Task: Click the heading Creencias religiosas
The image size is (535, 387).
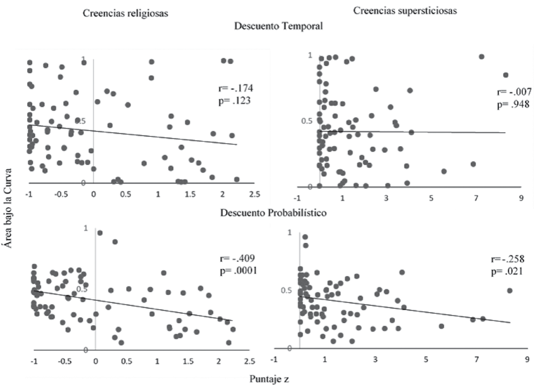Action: click(x=126, y=14)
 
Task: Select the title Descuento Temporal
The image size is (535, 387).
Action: click(x=278, y=27)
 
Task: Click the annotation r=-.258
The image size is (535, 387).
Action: click(x=507, y=259)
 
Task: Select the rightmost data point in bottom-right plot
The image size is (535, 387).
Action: click(x=509, y=291)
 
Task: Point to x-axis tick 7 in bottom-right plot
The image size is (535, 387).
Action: click(x=476, y=359)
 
